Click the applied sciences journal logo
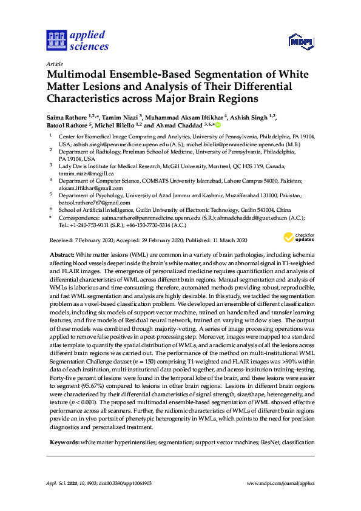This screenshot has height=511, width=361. [x=77, y=41]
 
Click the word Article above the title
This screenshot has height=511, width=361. [x=53, y=63]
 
